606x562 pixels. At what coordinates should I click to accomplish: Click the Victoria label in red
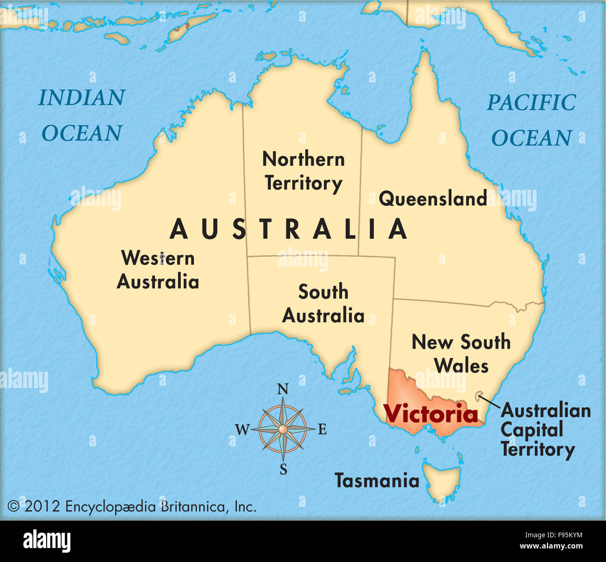pos(430,414)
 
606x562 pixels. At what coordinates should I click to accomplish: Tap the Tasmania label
pos(377,480)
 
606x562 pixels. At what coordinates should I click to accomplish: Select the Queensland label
pos(433,199)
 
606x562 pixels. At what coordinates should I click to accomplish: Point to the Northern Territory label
pos(303,171)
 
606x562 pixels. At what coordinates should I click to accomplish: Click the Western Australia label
pos(158,270)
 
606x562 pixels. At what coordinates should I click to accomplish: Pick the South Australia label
pos(323,304)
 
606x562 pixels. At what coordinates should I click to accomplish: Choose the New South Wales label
pos(461,354)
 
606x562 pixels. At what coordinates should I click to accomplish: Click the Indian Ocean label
pos(82,115)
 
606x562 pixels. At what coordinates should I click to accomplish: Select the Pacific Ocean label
pos(531,120)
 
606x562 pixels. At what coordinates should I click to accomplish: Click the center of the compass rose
pos(283,429)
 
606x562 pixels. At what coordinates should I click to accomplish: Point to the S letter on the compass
pos(283,469)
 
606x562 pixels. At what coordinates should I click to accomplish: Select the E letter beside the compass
pos(322,430)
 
